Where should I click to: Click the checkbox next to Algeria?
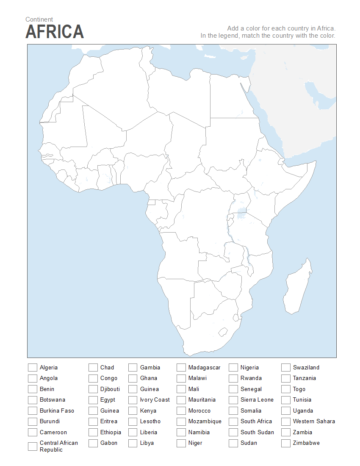(x=33, y=367)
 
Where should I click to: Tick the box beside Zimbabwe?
(x=286, y=443)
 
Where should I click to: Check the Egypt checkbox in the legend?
(x=93, y=400)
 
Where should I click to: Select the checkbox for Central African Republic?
(x=33, y=446)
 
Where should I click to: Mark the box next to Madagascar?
(x=181, y=367)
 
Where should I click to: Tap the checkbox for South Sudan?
(x=233, y=433)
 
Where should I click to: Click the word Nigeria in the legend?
(x=249, y=368)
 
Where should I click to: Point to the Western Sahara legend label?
(x=314, y=422)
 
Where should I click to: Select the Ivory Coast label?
(x=155, y=400)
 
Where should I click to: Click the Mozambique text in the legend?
(x=205, y=422)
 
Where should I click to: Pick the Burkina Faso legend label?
(x=57, y=411)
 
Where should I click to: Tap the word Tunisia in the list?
(x=302, y=400)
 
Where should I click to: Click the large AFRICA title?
(x=55, y=32)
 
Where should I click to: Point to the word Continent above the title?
(x=39, y=19)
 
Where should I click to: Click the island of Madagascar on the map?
(x=298, y=288)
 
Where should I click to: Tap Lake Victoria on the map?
(x=242, y=211)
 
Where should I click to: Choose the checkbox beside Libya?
(x=133, y=443)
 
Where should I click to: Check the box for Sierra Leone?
(x=233, y=400)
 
